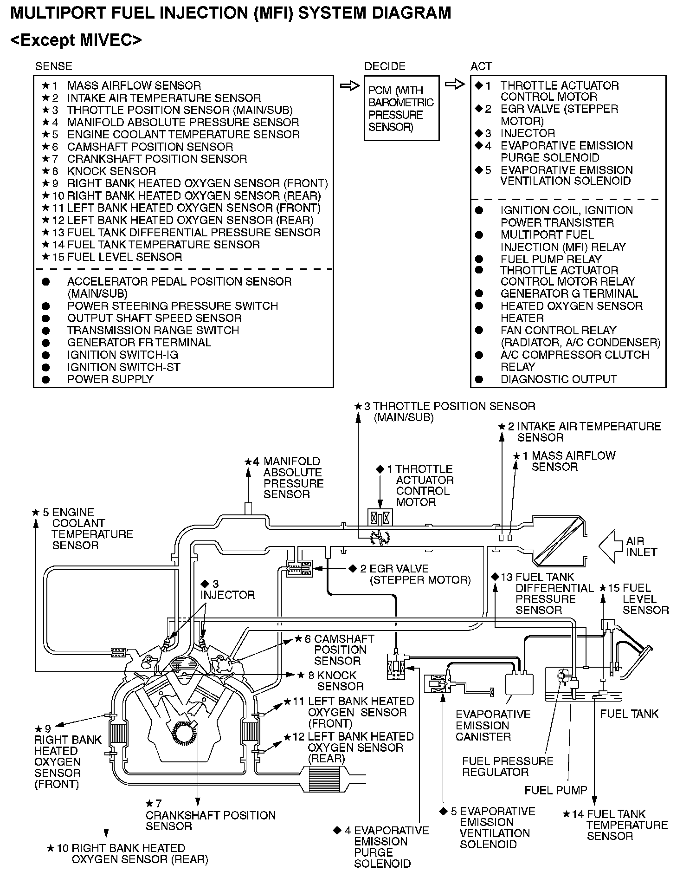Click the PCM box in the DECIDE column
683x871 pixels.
[x=401, y=108]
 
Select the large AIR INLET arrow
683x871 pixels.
[x=612, y=546]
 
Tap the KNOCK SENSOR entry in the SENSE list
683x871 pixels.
[x=111, y=171]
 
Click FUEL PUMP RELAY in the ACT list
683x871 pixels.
[x=551, y=259]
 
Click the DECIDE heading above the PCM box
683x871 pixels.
[x=385, y=66]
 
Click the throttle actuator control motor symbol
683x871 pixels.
[x=380, y=518]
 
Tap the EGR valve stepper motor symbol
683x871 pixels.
[x=300, y=569]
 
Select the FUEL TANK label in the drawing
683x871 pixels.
[x=629, y=714]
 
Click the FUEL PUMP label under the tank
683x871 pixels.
[x=555, y=790]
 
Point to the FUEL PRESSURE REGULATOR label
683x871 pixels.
[x=508, y=767]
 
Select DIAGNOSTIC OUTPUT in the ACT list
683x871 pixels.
[x=558, y=379]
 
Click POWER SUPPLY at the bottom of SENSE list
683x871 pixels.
[x=110, y=379]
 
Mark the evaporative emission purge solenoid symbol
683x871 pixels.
[x=396, y=668]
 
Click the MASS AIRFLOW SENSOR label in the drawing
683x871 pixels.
[x=573, y=461]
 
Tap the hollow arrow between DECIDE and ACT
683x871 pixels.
[x=455, y=84]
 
